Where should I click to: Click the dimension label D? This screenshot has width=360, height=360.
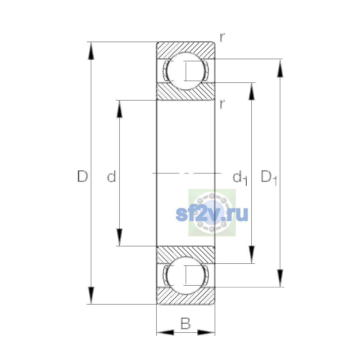(x=82, y=176)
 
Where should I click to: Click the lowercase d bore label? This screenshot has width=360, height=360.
(x=112, y=176)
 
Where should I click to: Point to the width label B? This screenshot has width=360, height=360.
(x=185, y=323)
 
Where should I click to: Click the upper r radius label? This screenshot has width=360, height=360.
(x=222, y=37)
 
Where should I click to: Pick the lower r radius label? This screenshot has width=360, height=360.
(x=222, y=104)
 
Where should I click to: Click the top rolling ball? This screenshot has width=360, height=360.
(x=186, y=71)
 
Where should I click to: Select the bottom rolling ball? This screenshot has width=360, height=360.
(x=186, y=276)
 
